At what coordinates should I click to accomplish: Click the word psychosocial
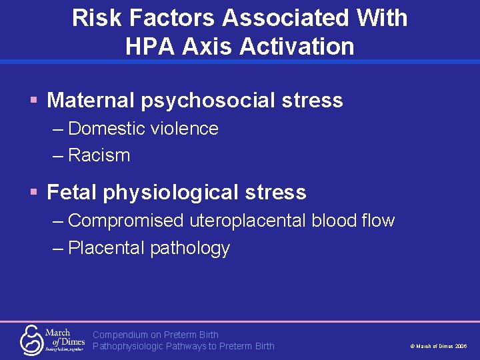click(x=209, y=101)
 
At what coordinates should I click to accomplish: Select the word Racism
click(x=99, y=155)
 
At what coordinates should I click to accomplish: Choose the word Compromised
click(x=125, y=221)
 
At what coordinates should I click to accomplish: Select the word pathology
click(x=190, y=249)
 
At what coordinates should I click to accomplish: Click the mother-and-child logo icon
click(x=31, y=340)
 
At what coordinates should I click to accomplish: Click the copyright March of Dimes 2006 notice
click(x=438, y=347)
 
